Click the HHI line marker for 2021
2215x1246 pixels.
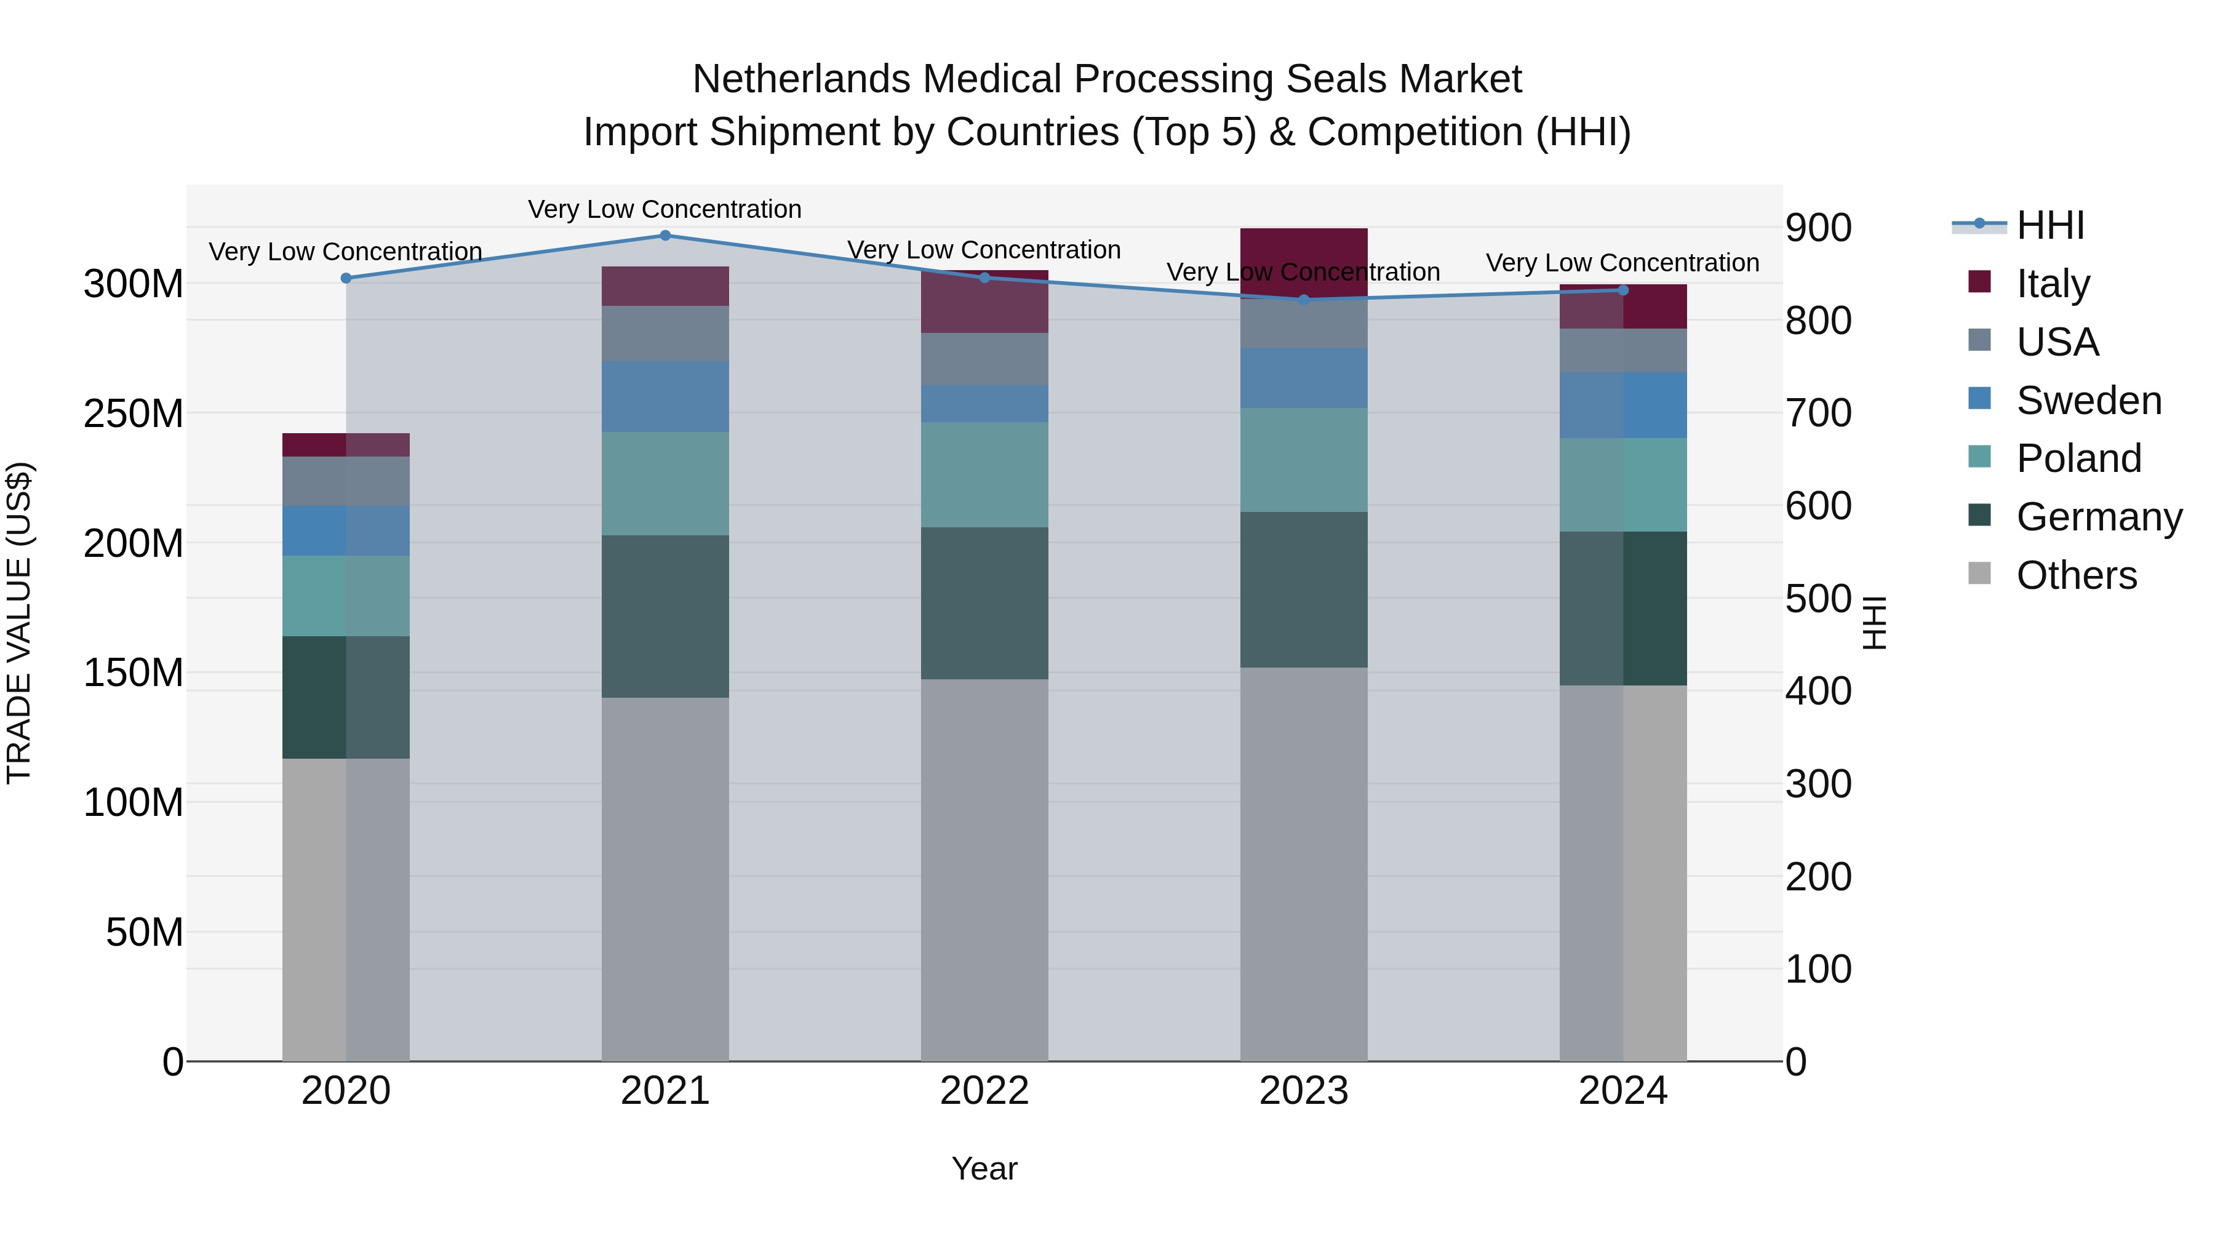664,236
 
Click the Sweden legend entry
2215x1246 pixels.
2088,401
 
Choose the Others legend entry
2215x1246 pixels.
2076,575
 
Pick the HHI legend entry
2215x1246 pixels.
2050,225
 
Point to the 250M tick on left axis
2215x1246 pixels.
134,413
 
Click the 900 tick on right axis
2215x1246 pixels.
1818,228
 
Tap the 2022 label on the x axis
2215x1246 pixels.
984,1091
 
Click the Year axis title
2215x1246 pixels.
984,1168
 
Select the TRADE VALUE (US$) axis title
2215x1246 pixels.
19,623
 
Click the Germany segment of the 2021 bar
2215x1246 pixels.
664,616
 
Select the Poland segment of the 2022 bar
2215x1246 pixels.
984,474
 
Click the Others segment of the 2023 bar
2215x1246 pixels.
1304,865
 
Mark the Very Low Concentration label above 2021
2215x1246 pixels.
664,209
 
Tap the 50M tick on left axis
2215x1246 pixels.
145,932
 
